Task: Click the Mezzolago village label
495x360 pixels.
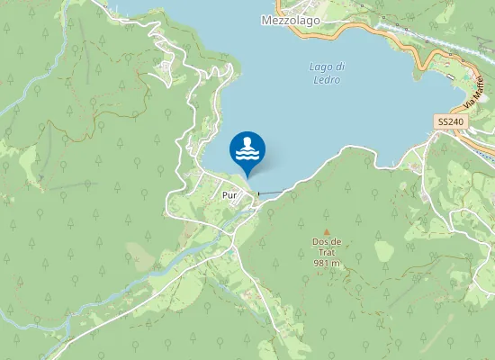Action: [x=290, y=18]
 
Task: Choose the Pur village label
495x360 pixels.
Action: [x=227, y=193]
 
